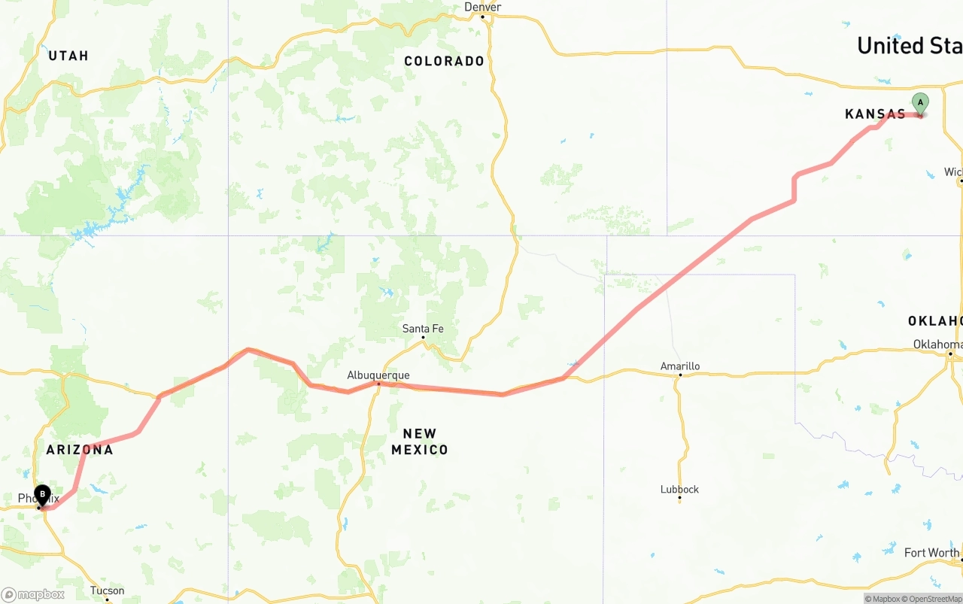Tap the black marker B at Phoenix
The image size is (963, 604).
coord(43,495)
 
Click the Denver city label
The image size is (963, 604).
coord(482,7)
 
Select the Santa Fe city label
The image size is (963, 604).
coord(423,328)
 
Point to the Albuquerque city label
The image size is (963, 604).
coord(378,375)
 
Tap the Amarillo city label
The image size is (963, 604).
coord(680,366)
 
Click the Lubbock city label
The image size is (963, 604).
coord(679,489)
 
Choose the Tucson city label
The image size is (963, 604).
coord(107,590)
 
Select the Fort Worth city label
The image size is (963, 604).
coord(931,553)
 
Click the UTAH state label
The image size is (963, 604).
coord(68,56)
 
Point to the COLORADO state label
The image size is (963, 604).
coord(444,61)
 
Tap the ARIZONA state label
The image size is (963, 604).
coord(80,450)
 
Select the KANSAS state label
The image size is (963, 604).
coord(875,114)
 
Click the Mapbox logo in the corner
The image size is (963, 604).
coord(33,594)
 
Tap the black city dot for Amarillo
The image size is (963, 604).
coord(680,375)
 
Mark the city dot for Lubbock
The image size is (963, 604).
coord(679,498)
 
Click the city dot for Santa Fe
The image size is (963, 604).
coord(423,337)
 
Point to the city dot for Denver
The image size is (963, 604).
coord(482,16)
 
